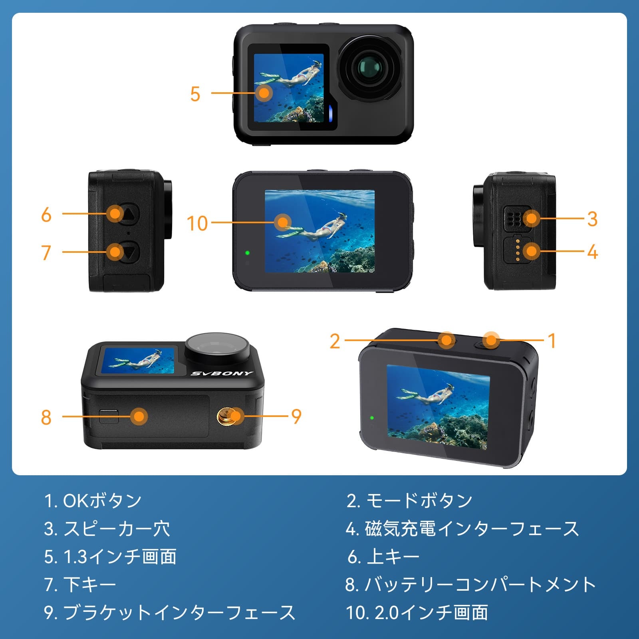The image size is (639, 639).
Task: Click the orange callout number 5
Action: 195,94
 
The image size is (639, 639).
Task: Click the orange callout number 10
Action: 197,223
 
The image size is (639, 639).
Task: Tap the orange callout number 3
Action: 592,219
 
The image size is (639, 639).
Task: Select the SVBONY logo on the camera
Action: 222,373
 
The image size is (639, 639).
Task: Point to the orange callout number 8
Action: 46,417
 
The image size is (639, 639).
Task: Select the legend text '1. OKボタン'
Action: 93,501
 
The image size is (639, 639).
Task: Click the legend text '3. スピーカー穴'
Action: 107,529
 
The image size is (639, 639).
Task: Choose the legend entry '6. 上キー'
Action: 383,557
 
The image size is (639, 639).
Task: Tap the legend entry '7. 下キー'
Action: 80,585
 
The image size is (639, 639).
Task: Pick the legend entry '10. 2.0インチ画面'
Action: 417,613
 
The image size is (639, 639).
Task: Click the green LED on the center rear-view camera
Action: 248,253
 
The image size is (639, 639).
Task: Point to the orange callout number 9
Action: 296,417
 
